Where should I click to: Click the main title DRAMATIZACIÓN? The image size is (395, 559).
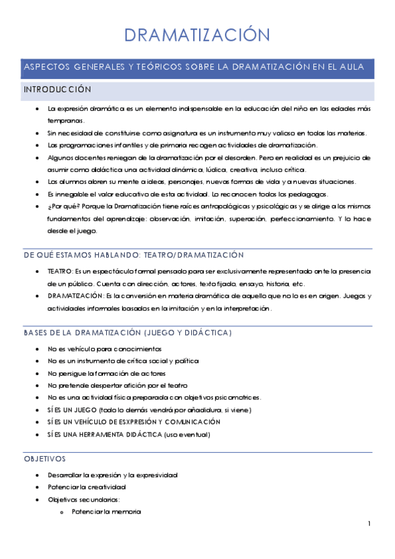tap(197, 35)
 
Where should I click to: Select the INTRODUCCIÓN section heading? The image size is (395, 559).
tap(57, 89)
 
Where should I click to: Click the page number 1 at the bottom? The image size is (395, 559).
tap(370, 524)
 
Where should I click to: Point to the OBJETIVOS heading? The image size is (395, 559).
tap(44, 458)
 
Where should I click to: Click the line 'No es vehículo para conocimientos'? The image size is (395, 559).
tap(104, 349)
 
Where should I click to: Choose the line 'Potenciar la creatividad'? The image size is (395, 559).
tap(87, 487)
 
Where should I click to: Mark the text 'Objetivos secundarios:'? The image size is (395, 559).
tap(84, 500)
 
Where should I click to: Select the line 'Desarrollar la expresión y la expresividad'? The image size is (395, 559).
tap(112, 475)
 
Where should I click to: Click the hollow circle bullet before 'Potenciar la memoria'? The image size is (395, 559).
tap(61, 512)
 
